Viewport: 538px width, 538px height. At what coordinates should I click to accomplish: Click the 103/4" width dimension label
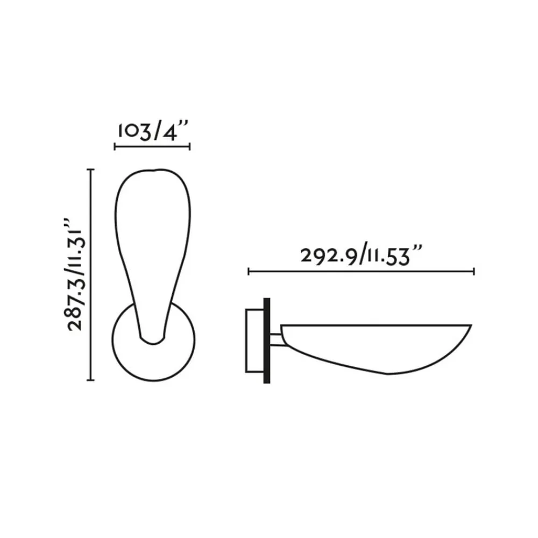(x=153, y=132)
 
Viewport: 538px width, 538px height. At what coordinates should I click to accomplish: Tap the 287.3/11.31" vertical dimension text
(x=76, y=274)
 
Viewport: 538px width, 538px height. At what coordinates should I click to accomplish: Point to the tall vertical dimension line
(x=91, y=274)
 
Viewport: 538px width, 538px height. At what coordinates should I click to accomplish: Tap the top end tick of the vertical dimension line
(x=91, y=169)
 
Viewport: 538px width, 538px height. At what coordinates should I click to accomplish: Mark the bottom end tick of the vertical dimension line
(x=91, y=380)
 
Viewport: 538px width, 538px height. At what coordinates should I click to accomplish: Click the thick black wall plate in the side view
(x=266, y=341)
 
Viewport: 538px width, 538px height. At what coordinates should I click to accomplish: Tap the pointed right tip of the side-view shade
(x=471, y=325)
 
